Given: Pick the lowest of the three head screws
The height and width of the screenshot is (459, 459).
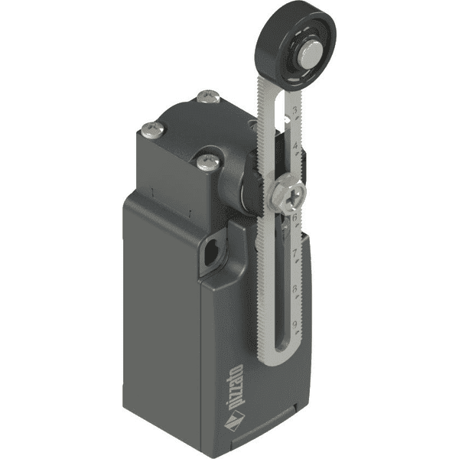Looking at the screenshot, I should click(x=204, y=161).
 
